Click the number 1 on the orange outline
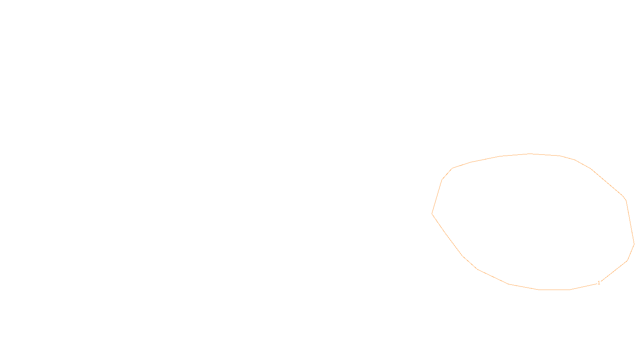(x=599, y=283)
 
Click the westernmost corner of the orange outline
(x=432, y=214)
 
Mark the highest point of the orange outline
(x=530, y=154)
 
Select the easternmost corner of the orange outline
(x=634, y=244)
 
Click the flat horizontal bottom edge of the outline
(x=554, y=290)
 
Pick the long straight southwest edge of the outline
(x=447, y=235)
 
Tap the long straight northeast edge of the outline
(x=607, y=182)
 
